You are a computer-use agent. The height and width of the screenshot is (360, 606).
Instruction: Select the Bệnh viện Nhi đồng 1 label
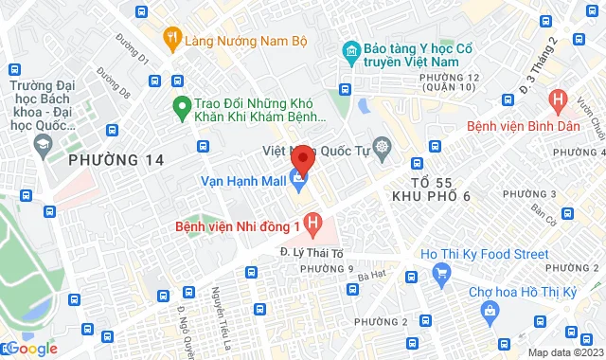coord(238,226)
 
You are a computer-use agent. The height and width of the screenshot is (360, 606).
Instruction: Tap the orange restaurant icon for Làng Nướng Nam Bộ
coord(171,37)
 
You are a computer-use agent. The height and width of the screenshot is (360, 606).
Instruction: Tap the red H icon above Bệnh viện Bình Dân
coord(559,98)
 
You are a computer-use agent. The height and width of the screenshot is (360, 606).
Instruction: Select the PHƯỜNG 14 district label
coord(116,161)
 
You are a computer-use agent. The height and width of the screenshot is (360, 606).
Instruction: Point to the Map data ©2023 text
coord(564,352)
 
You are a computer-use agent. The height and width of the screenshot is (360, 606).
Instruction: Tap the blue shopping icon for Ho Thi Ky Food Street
coord(438,275)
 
